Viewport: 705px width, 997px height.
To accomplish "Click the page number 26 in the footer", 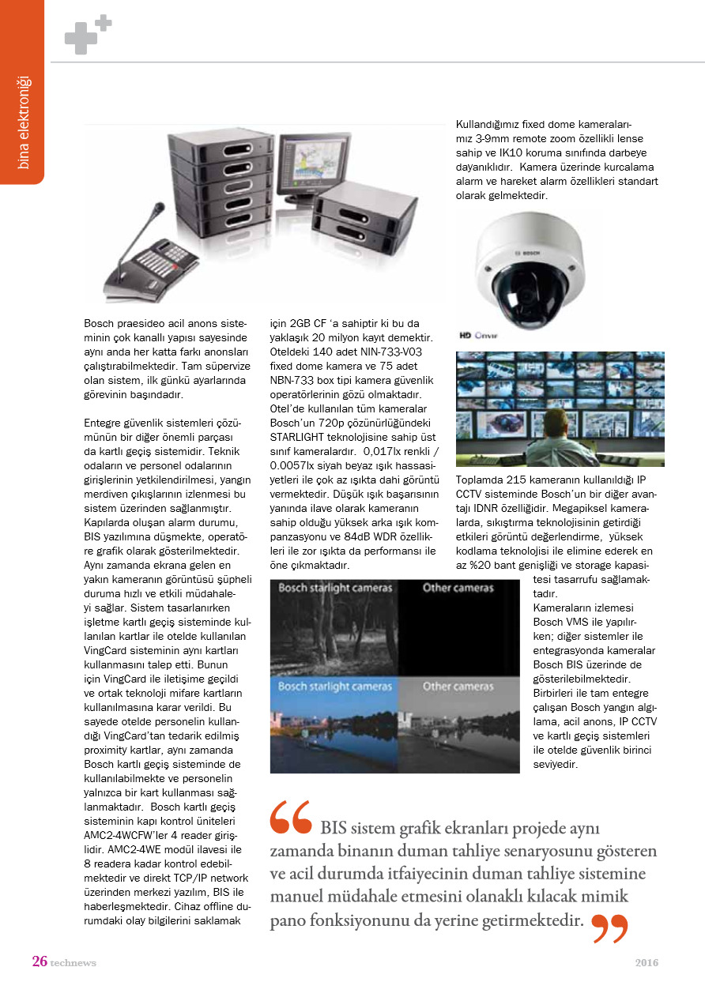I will [x=40, y=961].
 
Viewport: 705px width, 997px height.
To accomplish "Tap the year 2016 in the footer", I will [x=647, y=962].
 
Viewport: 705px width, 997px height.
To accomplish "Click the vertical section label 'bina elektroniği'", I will [x=24, y=122].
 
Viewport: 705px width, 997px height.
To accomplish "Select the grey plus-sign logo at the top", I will [x=87, y=35].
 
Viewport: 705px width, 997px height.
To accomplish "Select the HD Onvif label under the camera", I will [x=478, y=334].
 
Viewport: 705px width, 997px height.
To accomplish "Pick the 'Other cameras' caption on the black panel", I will [x=458, y=588].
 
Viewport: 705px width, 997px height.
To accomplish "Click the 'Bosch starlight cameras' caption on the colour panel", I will [x=334, y=686].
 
